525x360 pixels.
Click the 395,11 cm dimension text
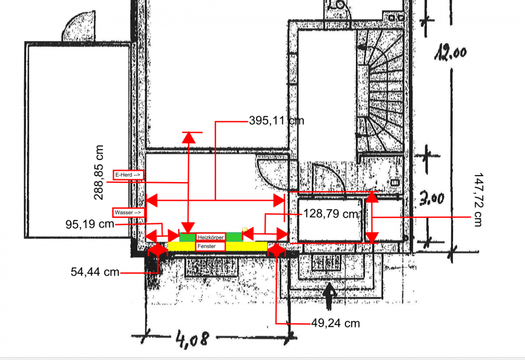tap(276, 121)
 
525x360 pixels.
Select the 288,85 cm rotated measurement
tap(98, 172)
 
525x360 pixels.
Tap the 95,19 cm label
tap(90, 224)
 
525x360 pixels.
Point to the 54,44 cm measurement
tap(95, 272)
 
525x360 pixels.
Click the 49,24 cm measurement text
tap(336, 323)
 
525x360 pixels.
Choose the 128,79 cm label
tap(331, 214)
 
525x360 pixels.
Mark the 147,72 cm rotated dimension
tap(478, 200)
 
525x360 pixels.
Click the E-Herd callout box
tap(128, 175)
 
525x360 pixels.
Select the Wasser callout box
tap(128, 213)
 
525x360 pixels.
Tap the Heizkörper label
tap(211, 238)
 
